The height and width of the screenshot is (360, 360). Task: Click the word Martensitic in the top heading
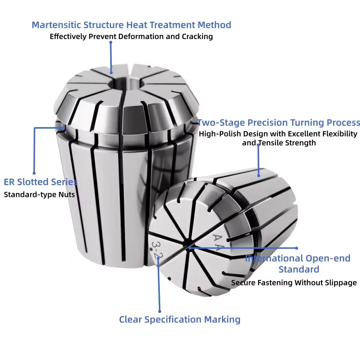click(x=56, y=25)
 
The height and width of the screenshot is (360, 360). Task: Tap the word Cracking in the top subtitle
click(x=197, y=36)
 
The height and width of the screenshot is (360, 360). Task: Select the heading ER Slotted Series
click(x=40, y=182)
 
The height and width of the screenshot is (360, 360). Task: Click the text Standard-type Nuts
click(x=39, y=195)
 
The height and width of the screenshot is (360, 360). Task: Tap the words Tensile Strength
click(x=287, y=143)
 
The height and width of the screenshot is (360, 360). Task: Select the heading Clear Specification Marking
click(x=180, y=319)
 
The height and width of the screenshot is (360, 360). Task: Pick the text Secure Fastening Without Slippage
click(x=294, y=283)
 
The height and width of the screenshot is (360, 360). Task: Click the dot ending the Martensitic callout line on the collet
click(x=111, y=73)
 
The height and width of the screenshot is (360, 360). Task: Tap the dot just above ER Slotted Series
click(x=34, y=173)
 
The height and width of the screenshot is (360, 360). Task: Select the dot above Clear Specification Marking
click(x=160, y=311)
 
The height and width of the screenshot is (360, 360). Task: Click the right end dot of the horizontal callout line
click(x=297, y=248)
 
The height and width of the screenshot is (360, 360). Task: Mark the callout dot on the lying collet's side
click(x=259, y=176)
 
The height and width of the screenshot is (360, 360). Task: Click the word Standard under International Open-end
click(x=299, y=269)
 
